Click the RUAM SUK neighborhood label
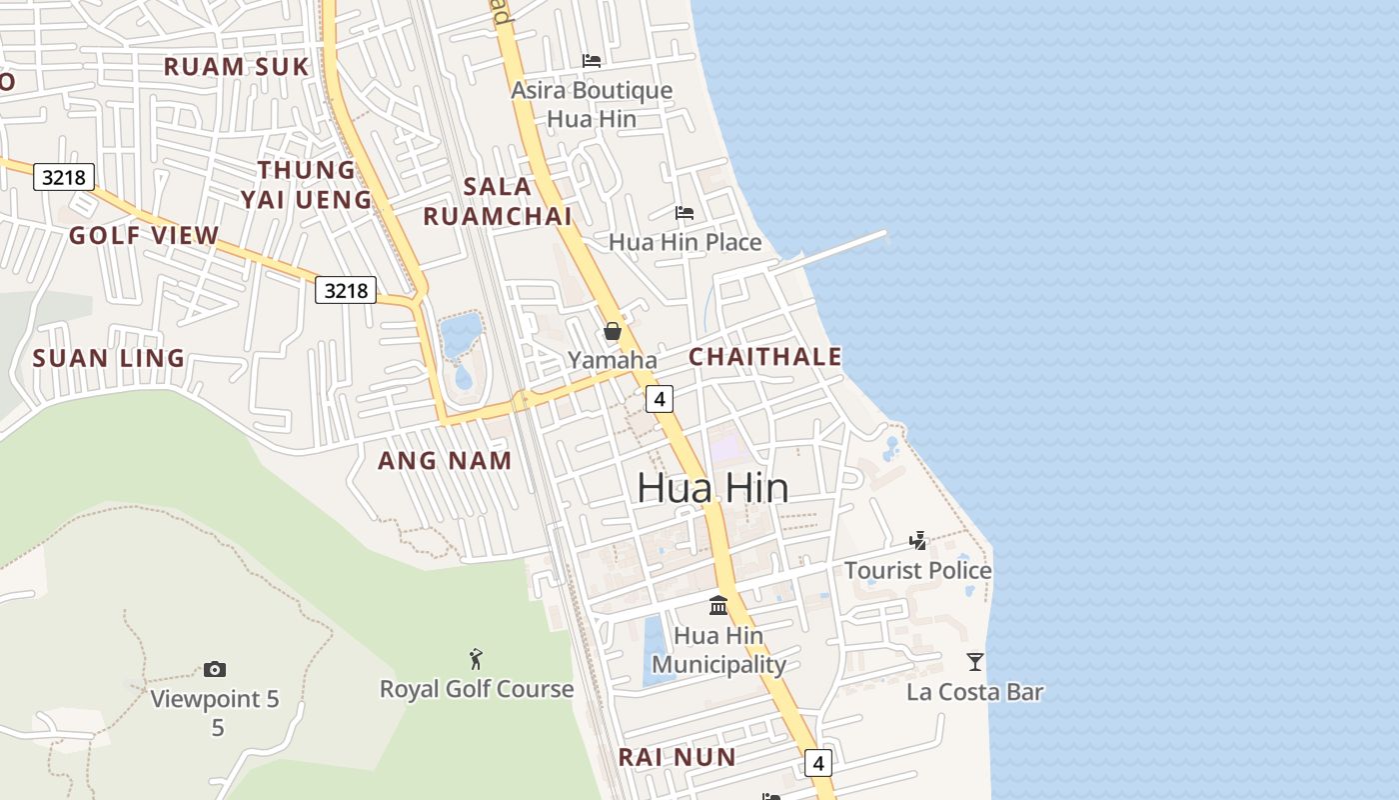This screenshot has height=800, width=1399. click(237, 67)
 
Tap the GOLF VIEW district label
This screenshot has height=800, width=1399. click(144, 236)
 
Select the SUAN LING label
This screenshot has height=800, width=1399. click(109, 358)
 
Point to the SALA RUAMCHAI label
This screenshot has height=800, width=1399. click(498, 201)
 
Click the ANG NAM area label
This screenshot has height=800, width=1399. click(445, 460)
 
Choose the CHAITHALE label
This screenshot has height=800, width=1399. click(765, 357)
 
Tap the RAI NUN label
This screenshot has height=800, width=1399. click(678, 757)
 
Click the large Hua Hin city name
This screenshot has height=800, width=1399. click(712, 488)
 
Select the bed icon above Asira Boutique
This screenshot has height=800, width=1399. click(592, 61)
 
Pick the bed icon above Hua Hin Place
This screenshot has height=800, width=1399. click(685, 213)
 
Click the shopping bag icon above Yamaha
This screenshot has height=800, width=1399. click(613, 331)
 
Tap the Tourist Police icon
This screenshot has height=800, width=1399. click(917, 541)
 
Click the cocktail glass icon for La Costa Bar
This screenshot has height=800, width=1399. click(974, 661)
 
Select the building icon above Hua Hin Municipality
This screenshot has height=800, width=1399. click(718, 605)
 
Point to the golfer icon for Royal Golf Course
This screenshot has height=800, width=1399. click(477, 659)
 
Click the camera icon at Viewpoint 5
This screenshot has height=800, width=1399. click(214, 669)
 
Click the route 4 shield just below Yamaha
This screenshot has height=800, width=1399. click(659, 398)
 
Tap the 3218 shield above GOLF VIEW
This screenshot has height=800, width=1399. click(64, 178)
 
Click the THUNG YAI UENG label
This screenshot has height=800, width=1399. click(306, 185)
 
